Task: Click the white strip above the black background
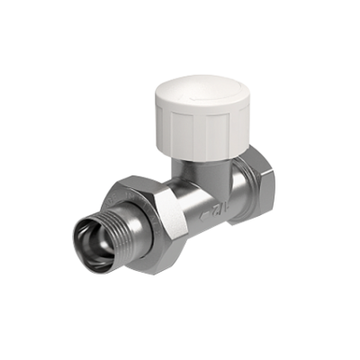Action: coord(180,22)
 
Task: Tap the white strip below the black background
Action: coord(180,337)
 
